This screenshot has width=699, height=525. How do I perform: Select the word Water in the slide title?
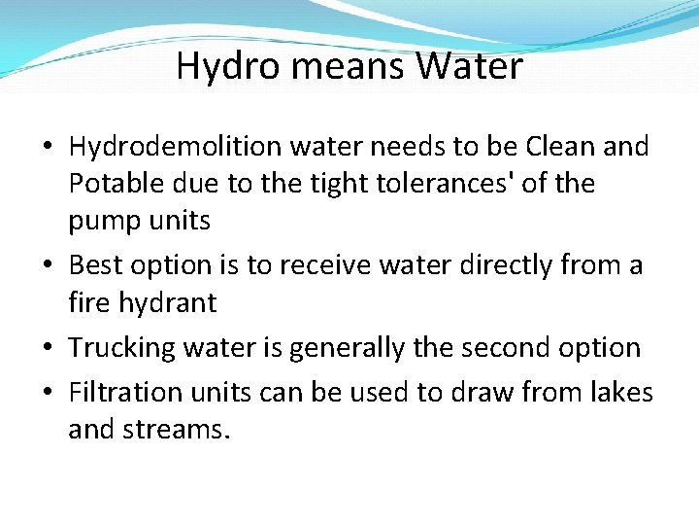(x=469, y=67)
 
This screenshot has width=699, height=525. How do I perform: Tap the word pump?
(x=102, y=222)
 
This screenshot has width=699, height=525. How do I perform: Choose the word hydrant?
(x=171, y=302)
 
